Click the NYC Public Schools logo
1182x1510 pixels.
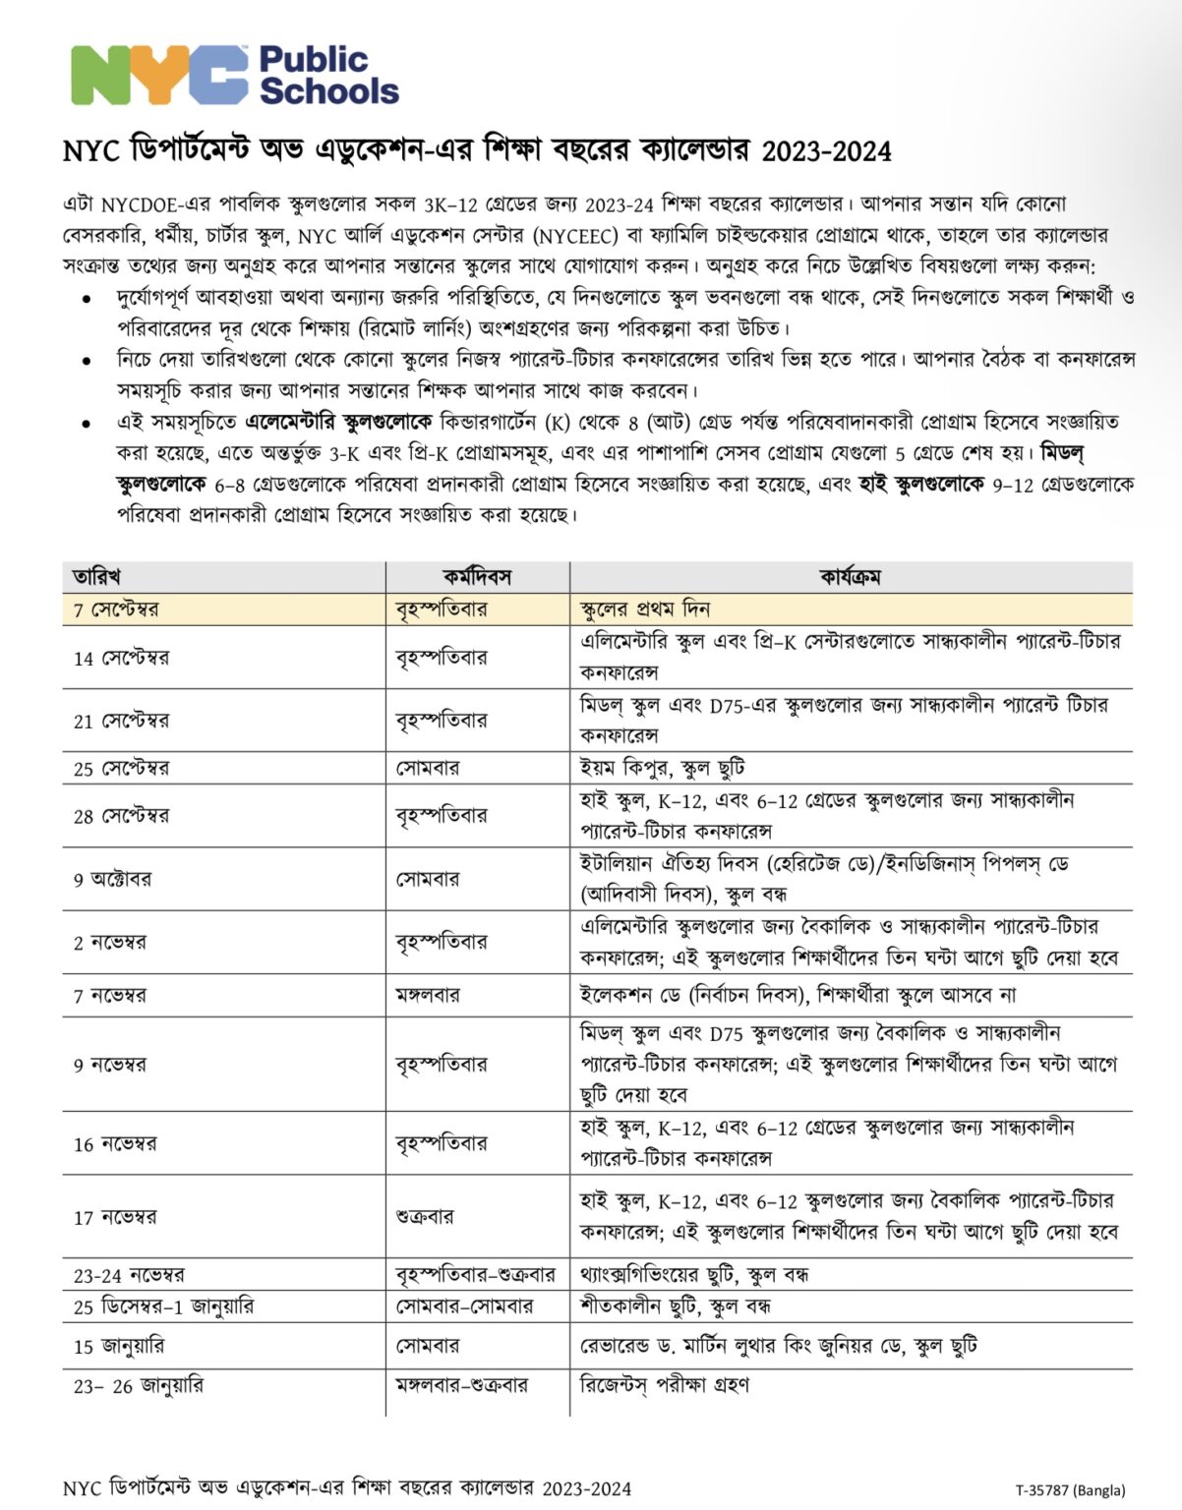click(x=234, y=75)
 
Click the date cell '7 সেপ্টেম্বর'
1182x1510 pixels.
click(x=116, y=610)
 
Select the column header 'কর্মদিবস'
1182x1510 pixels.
click(x=477, y=577)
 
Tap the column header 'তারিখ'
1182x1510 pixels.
click(x=96, y=577)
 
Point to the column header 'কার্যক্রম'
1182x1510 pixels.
click(x=850, y=577)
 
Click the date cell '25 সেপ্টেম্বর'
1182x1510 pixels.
click(x=121, y=769)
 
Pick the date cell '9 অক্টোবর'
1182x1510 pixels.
click(x=112, y=879)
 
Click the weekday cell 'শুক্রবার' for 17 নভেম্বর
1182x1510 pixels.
click(x=425, y=1216)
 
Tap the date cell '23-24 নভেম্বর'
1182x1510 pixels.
click(x=129, y=1276)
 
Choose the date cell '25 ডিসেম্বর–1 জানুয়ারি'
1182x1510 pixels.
click(x=163, y=1307)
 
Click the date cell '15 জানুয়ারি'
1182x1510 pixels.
click(x=119, y=1346)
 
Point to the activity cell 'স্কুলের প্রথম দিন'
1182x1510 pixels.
click(x=645, y=610)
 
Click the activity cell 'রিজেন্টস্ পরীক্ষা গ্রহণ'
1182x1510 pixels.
click(x=665, y=1385)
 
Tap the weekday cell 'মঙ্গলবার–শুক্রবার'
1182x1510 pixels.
click(x=462, y=1385)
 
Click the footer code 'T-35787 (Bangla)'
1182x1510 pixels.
click(x=1070, y=1490)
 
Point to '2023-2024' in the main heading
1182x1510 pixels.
click(x=826, y=151)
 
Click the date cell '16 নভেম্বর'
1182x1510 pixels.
click(x=115, y=1144)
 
